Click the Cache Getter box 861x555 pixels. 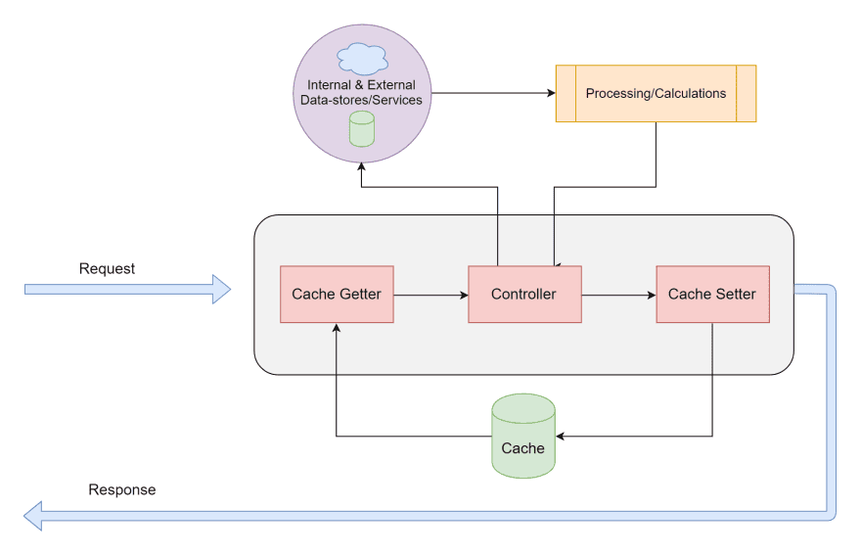(336, 294)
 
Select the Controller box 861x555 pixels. (523, 294)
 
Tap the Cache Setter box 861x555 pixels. (711, 294)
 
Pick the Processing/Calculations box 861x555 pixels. (656, 94)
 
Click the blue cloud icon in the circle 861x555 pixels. (362, 61)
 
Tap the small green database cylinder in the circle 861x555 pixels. (362, 129)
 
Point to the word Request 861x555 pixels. (107, 268)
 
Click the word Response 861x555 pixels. (121, 489)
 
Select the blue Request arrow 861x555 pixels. (127, 289)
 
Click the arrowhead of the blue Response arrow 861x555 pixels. (33, 515)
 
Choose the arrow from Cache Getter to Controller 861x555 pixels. (430, 294)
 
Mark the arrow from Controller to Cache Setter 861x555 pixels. (618, 294)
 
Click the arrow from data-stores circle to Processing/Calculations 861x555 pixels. (489, 94)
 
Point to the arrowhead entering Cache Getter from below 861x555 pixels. (336, 329)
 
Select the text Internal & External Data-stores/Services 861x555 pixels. (362, 93)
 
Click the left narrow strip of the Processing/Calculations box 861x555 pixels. (566, 94)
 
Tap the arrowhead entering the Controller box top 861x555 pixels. (555, 262)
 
